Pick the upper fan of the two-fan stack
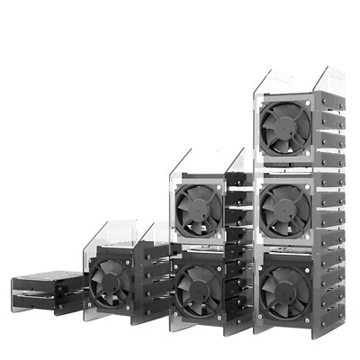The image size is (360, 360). coord(198,209)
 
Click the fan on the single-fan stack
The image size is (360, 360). coord(111,283)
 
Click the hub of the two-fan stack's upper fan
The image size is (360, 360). coord(198,209)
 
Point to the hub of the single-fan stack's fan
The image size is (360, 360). coord(111,283)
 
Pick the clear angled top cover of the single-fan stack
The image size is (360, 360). coord(117,236)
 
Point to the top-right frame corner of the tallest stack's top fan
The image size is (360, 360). coord(309,102)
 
